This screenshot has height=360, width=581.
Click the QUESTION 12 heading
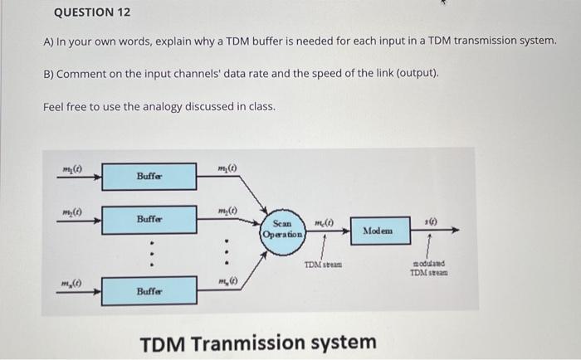(91, 14)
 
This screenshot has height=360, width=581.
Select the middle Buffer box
(149, 221)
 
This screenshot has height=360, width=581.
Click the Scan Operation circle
(282, 228)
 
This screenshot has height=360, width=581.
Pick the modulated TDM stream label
(429, 269)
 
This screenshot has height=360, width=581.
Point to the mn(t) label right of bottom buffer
(227, 280)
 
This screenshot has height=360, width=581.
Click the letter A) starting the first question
(49, 42)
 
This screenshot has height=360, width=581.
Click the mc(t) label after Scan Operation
(324, 221)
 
